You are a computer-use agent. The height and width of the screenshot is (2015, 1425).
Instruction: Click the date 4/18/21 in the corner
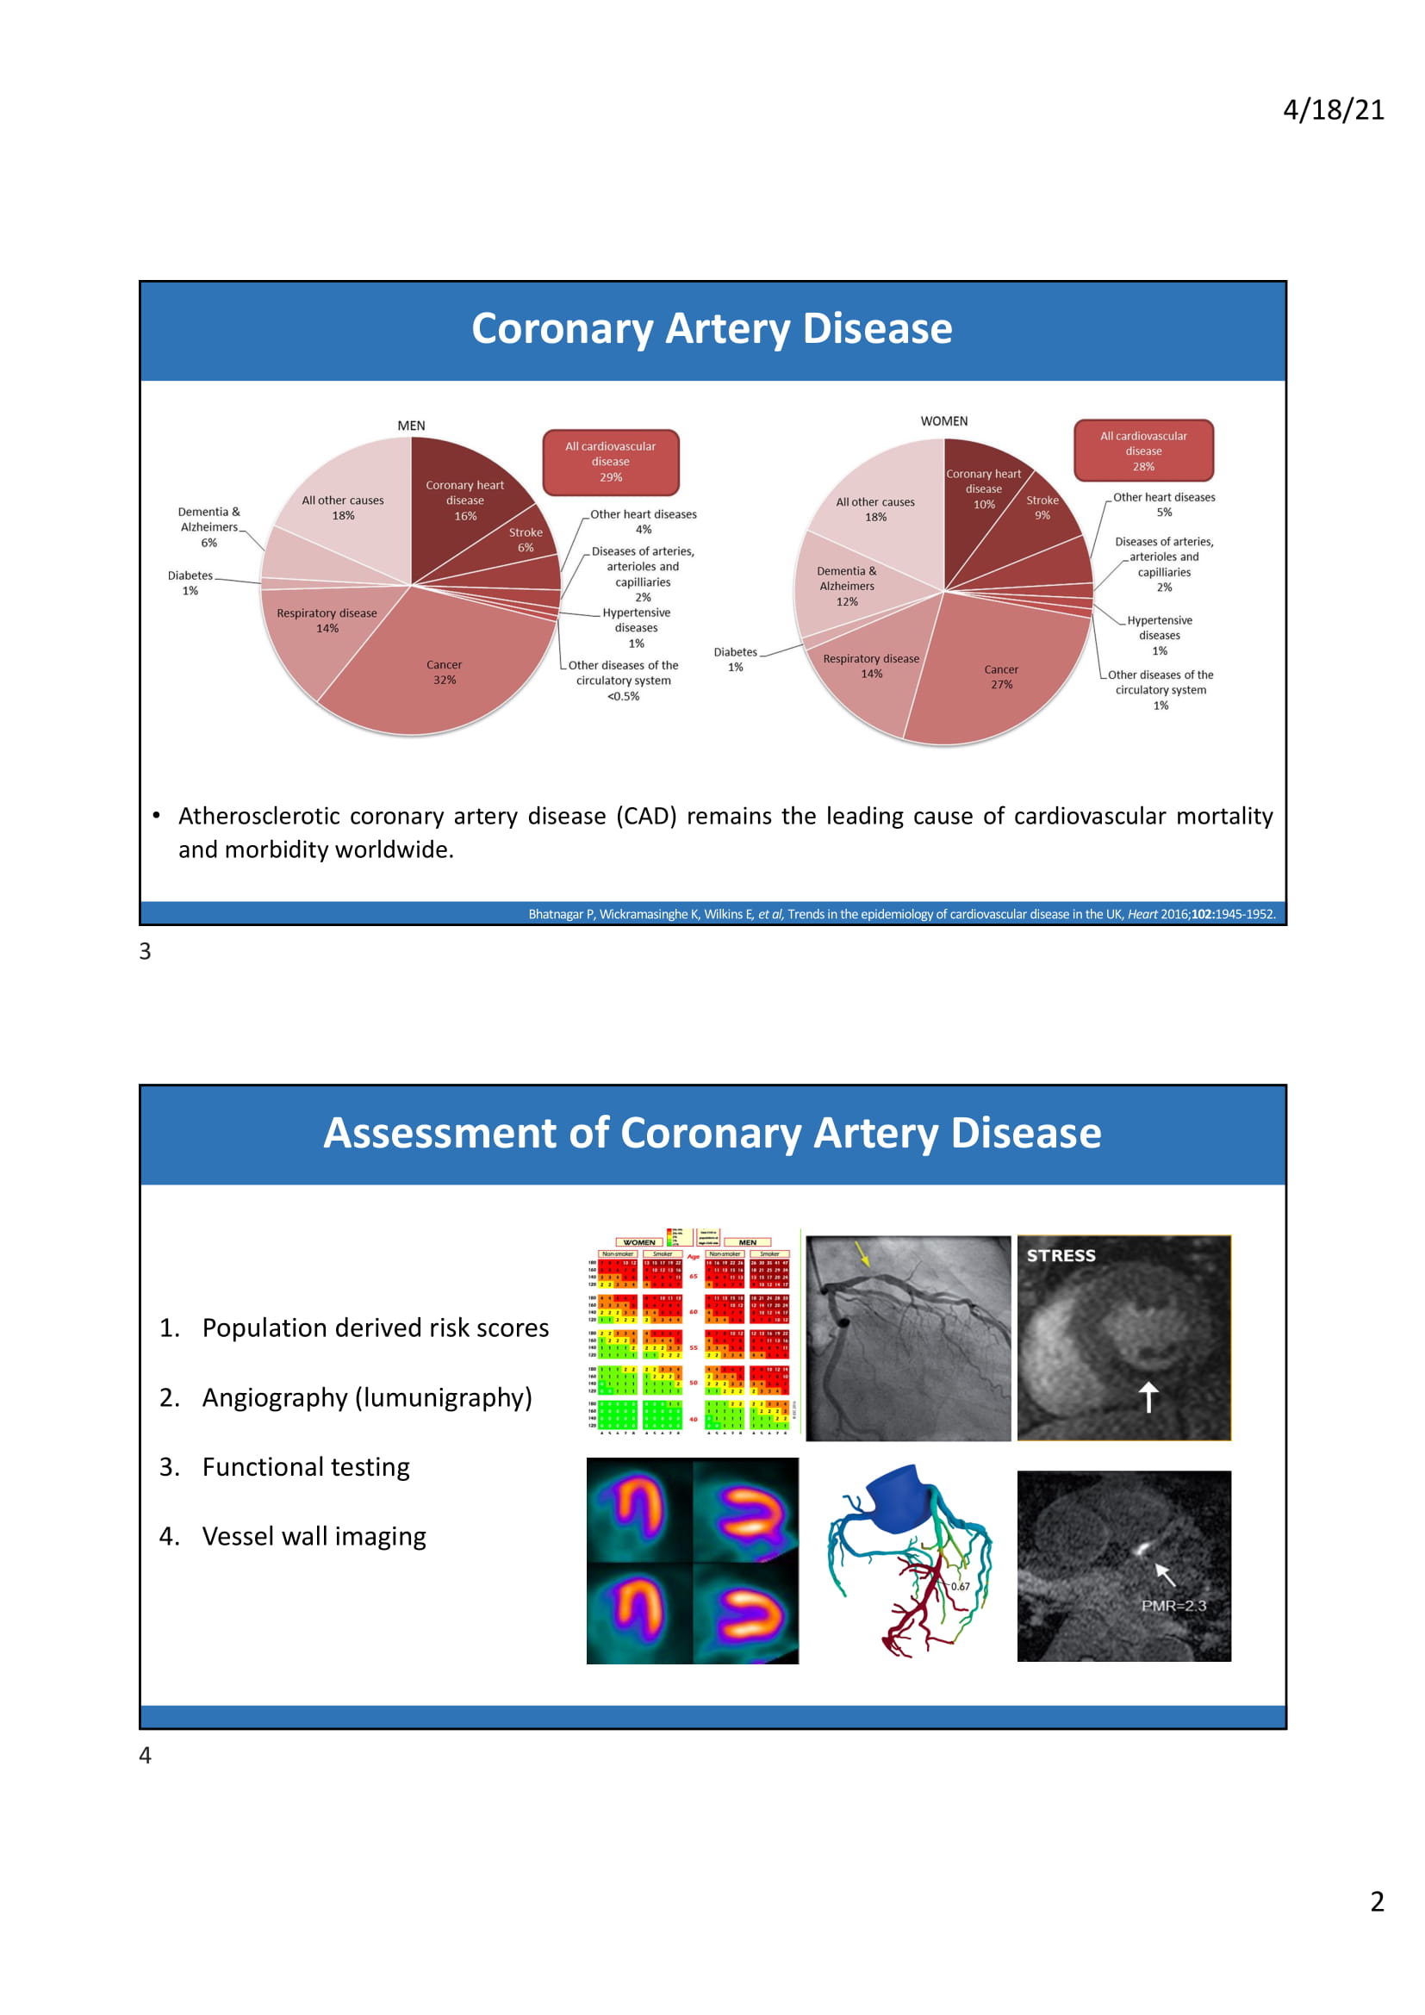coord(1333,109)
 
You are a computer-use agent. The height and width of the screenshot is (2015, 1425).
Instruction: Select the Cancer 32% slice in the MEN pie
coord(444,672)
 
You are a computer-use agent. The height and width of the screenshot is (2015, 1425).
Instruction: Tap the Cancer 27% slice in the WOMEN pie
coord(1001,676)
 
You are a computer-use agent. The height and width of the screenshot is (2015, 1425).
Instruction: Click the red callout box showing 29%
coord(611,462)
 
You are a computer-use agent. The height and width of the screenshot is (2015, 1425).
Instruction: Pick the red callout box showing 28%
coord(1143,451)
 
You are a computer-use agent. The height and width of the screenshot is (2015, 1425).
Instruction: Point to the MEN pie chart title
coord(411,426)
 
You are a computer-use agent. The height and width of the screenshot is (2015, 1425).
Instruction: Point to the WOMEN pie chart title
coord(943,421)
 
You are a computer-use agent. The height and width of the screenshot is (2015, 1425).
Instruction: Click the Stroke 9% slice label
coord(1042,507)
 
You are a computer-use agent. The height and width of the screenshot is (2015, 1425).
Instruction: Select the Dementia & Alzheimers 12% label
coord(847,587)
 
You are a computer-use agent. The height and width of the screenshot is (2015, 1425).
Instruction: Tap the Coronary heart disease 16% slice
coord(465,501)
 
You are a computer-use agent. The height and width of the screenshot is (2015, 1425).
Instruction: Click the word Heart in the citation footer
coord(1142,915)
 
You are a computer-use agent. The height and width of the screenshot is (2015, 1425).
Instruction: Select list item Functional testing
coord(305,1466)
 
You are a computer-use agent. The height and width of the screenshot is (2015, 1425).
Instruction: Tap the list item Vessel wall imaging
coord(314,1536)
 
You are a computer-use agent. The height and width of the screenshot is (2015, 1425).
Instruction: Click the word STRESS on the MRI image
coord(1061,1256)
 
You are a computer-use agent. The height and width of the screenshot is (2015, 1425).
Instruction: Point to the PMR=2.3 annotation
coord(1173,1605)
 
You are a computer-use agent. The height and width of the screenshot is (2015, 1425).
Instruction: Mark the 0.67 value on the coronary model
coord(960,1587)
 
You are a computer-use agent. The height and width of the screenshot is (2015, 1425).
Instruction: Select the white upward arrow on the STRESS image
coord(1148,1396)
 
